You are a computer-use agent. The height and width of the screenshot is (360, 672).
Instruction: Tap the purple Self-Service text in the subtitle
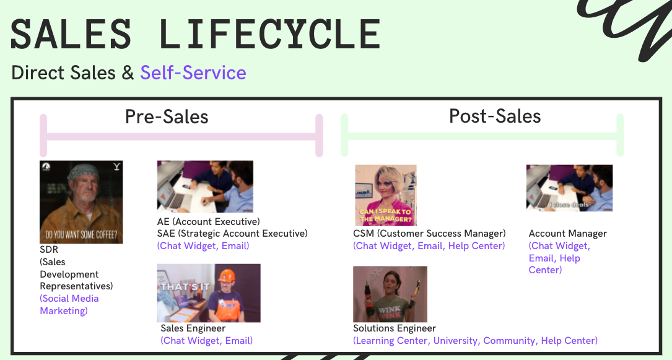(193, 72)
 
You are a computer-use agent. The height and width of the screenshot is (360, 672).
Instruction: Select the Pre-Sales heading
(167, 116)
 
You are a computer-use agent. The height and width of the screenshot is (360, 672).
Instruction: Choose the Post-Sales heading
(495, 116)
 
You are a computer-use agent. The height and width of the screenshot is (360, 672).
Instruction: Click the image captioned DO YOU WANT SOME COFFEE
(81, 202)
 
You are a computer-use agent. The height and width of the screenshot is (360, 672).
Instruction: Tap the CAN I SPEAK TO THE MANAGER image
(385, 195)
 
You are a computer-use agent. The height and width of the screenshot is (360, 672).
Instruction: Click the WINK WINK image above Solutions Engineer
(390, 294)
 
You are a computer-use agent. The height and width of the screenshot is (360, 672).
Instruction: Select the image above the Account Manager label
(569, 188)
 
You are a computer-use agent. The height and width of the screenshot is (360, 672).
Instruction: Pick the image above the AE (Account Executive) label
(205, 187)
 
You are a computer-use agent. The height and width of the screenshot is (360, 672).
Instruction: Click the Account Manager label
(567, 234)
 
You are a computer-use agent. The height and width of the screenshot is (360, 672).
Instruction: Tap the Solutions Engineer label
(395, 328)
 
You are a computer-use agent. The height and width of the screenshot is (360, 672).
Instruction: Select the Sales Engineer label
(193, 328)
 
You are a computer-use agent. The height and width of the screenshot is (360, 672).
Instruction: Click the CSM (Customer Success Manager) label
(429, 234)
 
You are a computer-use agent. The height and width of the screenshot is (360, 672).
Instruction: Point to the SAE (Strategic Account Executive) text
(232, 234)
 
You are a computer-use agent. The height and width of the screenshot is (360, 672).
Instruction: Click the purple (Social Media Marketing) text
(69, 304)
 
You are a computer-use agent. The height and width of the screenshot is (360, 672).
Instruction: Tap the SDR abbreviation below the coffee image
(49, 249)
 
